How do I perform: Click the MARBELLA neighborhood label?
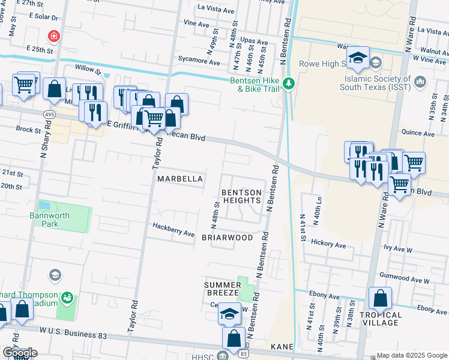pyautogui.click(x=179, y=179)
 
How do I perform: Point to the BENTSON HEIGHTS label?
pyautogui.click(x=242, y=196)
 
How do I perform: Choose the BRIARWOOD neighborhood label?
pyautogui.click(x=227, y=238)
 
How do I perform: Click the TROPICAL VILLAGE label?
pyautogui.click(x=381, y=319)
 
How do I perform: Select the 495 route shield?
pyautogui.click(x=49, y=113)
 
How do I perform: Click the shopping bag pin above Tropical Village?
pyautogui.click(x=380, y=298)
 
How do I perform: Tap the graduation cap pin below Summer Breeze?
pyautogui.click(x=229, y=314)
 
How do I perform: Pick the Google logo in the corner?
pyautogui.click(x=19, y=353)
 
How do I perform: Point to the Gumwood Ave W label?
pyautogui.click(x=409, y=280)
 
